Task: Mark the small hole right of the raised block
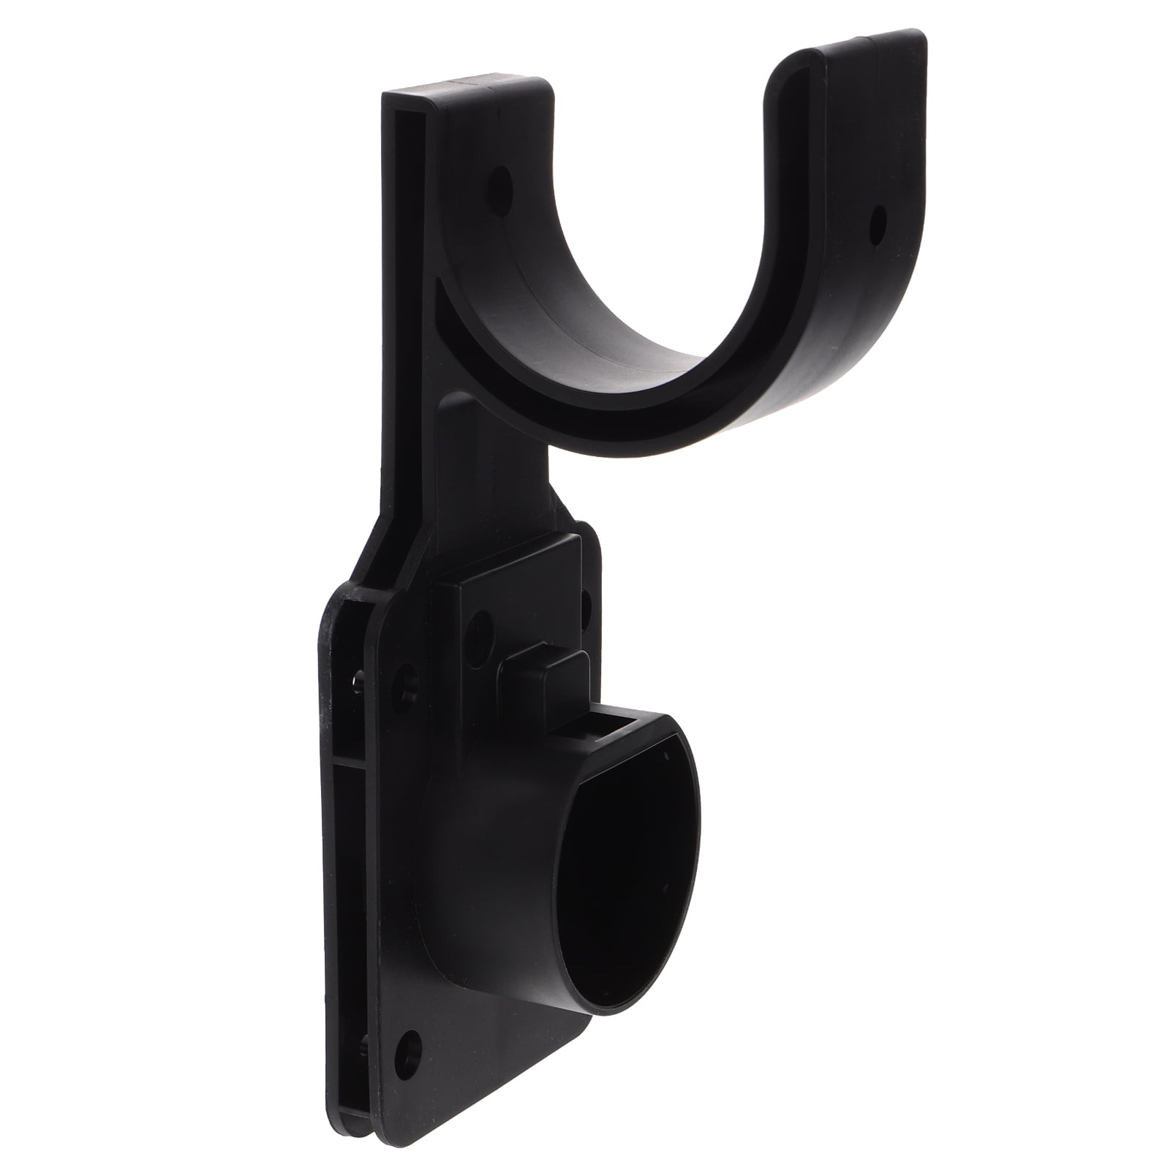coord(585,601)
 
